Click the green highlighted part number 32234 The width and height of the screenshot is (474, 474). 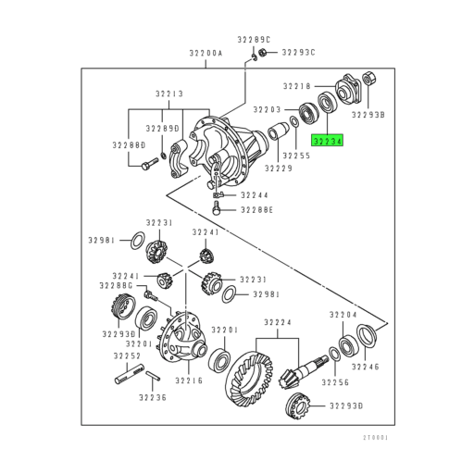coord(327,142)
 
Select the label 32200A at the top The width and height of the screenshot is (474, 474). coord(206,54)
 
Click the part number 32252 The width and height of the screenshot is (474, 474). coord(128,355)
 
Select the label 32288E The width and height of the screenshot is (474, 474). coord(256,211)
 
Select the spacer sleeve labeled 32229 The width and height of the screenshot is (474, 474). coord(277,144)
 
